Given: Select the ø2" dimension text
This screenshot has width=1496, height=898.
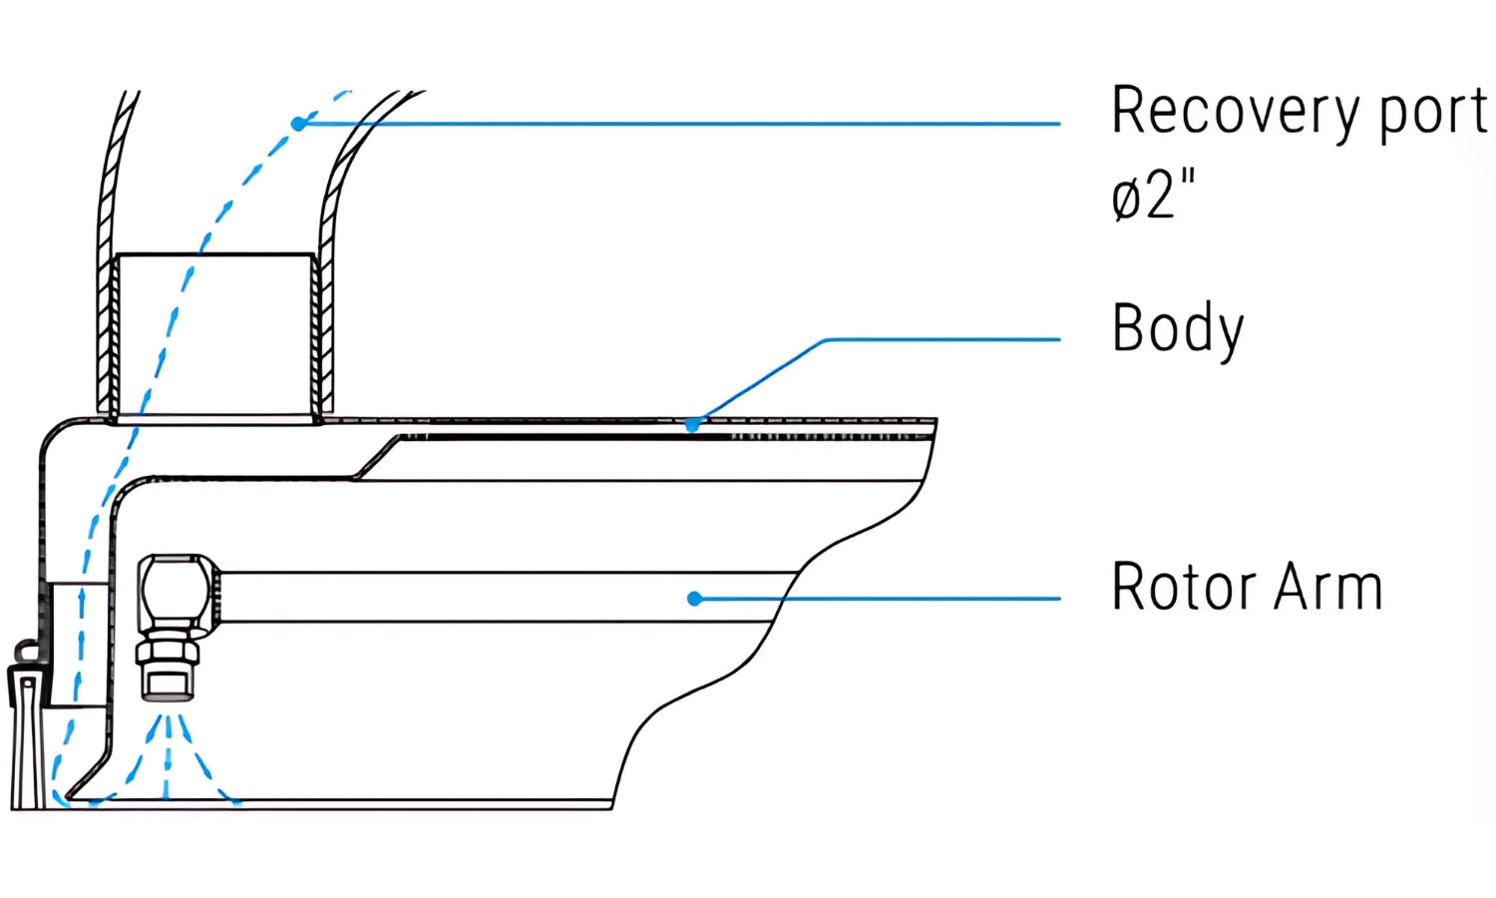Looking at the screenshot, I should click(x=1152, y=195).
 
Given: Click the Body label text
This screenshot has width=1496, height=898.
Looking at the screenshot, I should click(x=1178, y=329).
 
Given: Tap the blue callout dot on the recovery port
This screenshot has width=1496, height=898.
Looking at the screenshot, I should click(x=298, y=124).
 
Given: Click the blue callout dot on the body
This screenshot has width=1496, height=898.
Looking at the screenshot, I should click(x=692, y=425).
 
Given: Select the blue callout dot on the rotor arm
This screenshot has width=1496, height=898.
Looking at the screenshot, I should click(x=694, y=599).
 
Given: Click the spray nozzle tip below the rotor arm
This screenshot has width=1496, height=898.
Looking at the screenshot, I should click(x=168, y=683).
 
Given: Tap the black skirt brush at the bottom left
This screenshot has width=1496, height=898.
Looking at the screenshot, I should click(x=27, y=738).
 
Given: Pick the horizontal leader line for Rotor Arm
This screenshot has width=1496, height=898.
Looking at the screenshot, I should click(x=878, y=599).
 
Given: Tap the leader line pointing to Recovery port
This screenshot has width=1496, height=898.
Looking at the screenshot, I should click(x=678, y=124).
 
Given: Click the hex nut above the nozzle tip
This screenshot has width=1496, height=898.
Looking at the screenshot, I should click(x=168, y=654).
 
